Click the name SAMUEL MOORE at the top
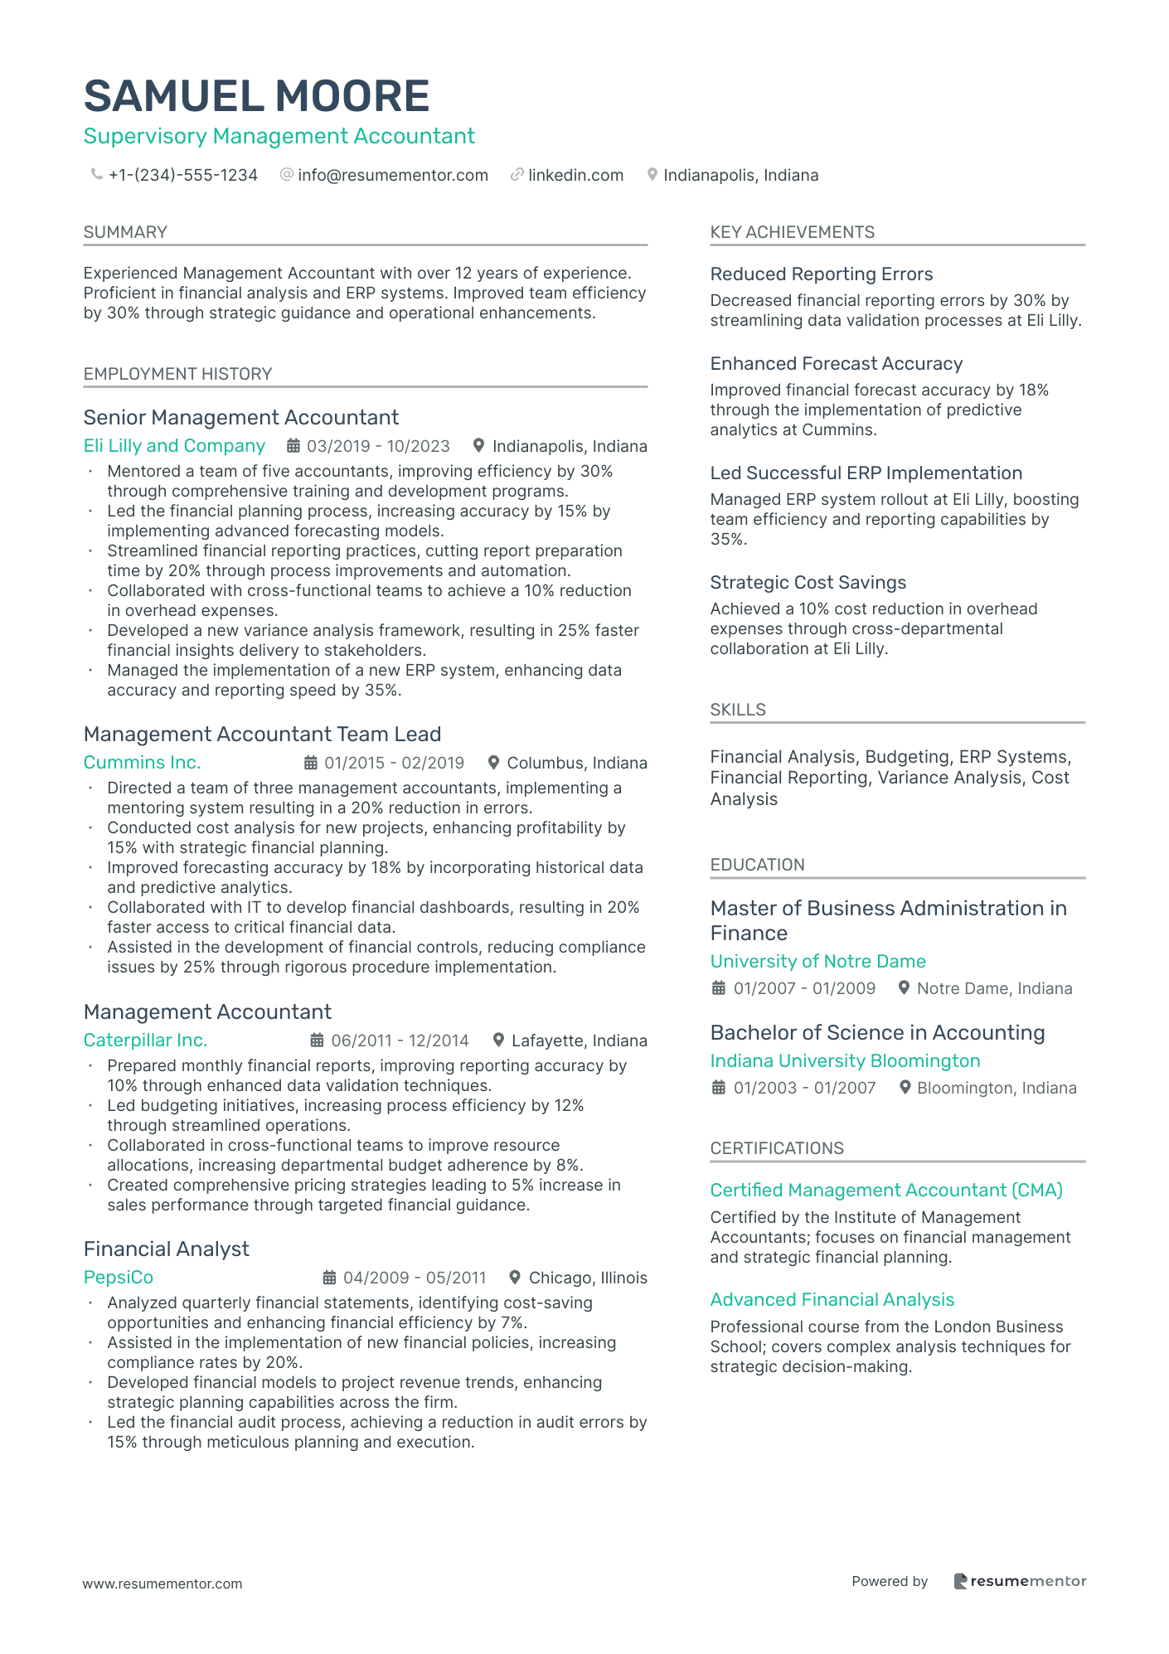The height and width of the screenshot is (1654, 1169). point(256,96)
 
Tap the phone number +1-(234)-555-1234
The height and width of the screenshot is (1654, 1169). point(182,175)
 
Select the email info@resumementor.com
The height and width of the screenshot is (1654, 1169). point(392,175)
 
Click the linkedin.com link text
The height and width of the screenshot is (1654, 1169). point(575,175)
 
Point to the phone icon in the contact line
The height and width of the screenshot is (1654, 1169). point(97,175)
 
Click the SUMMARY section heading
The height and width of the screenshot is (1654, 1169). point(125,232)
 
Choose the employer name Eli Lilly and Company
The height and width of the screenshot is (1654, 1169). point(174,446)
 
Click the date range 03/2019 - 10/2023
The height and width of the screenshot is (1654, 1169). point(378,446)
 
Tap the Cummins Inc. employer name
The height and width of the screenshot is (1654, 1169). point(142,763)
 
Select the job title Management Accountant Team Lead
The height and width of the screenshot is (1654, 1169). point(262,735)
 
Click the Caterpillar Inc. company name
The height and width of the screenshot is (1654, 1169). point(145,1040)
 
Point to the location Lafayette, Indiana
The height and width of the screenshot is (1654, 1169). point(579,1040)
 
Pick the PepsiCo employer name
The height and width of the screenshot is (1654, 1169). point(119,1278)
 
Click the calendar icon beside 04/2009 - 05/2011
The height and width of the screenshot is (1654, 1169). point(329,1278)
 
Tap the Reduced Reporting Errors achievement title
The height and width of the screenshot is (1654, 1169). point(821,274)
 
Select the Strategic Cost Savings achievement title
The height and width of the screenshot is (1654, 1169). point(808,583)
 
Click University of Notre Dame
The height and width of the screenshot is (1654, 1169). point(817,962)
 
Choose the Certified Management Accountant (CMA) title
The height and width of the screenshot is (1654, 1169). point(885,1191)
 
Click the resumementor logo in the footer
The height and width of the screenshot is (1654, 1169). point(1019,1581)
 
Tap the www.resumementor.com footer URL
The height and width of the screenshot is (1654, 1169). point(162,1584)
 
